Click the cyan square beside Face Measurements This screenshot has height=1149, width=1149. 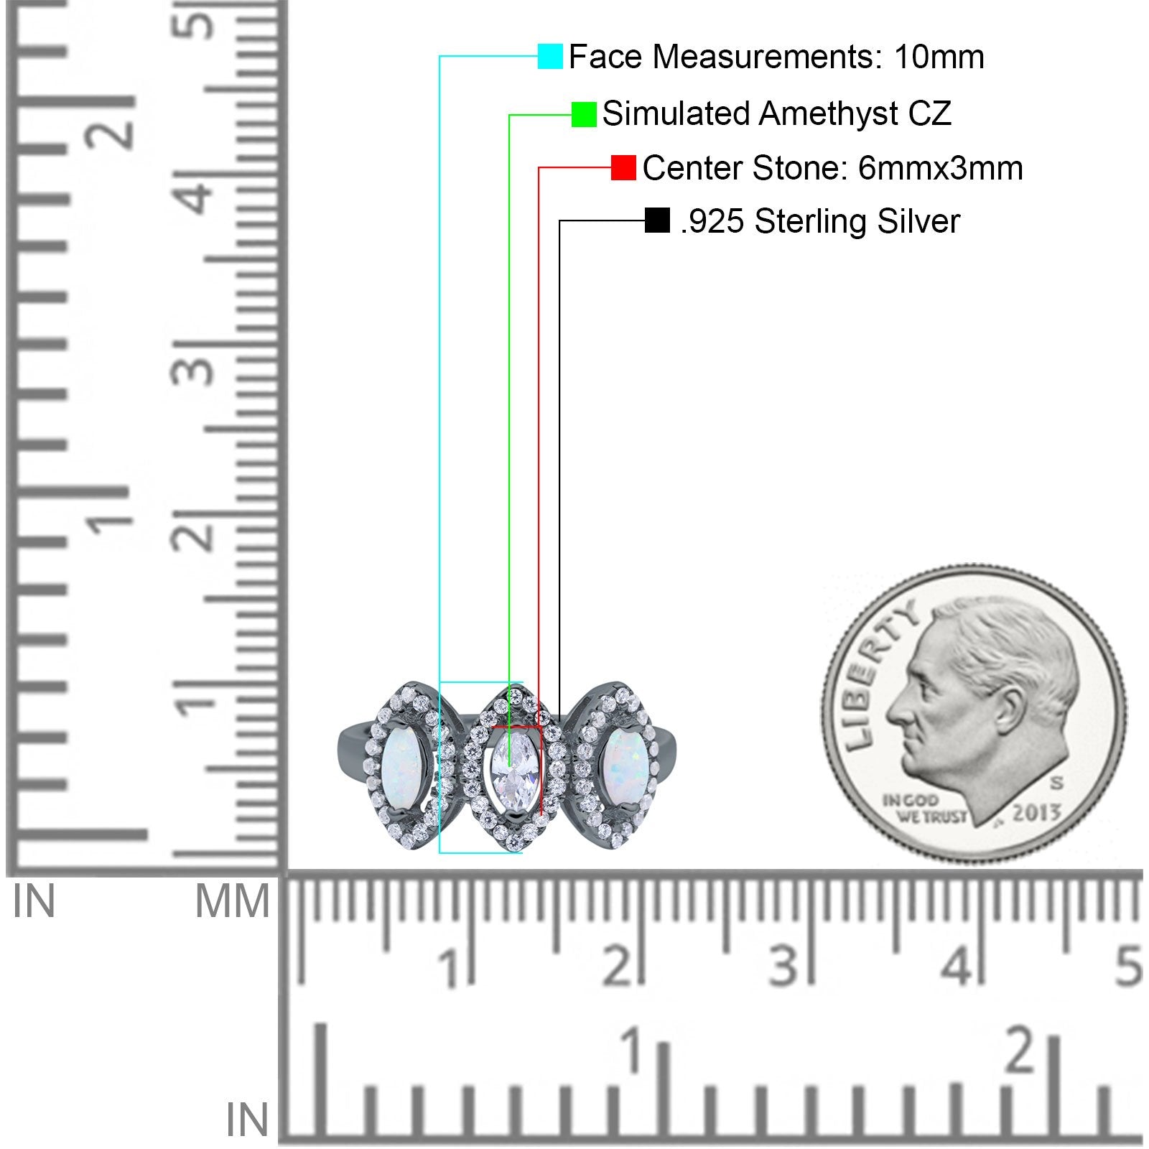pyautogui.click(x=550, y=57)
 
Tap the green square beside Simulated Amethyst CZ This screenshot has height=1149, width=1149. pyautogui.click(x=584, y=114)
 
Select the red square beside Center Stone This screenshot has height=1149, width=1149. pyautogui.click(x=623, y=168)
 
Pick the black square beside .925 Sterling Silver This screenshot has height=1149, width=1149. pyautogui.click(x=657, y=220)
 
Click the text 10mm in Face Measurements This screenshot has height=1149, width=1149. pyautogui.click(x=939, y=57)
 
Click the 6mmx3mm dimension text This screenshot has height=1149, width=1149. pyautogui.click(x=930, y=168)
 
